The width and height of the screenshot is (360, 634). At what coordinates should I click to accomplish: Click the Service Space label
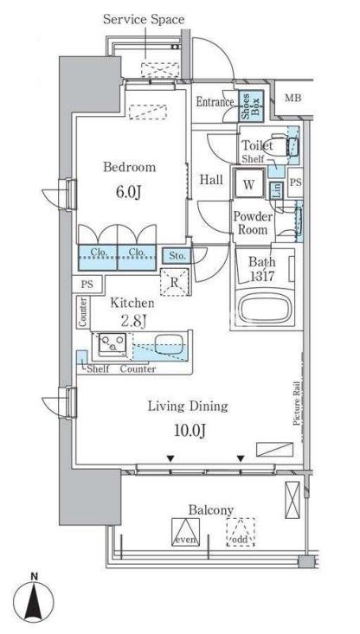click(x=144, y=19)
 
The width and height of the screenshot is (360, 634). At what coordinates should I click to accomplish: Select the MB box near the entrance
click(x=293, y=99)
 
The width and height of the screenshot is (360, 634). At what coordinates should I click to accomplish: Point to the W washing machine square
click(x=249, y=184)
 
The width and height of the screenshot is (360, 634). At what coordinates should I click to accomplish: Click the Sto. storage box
click(x=177, y=254)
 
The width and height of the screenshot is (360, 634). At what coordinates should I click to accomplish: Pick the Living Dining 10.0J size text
click(x=186, y=430)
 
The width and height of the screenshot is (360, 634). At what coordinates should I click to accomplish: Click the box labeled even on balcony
click(x=185, y=531)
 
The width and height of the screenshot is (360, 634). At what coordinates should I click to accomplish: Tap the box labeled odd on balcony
click(x=241, y=531)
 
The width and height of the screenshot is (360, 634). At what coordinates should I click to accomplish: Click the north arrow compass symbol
click(x=34, y=598)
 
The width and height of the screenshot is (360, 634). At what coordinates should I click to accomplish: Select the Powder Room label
click(x=253, y=224)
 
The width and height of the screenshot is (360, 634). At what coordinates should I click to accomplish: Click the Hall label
click(x=212, y=180)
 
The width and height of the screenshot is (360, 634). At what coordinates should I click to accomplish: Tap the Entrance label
click(x=215, y=102)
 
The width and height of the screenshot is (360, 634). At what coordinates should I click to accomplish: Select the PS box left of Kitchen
click(x=87, y=284)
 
